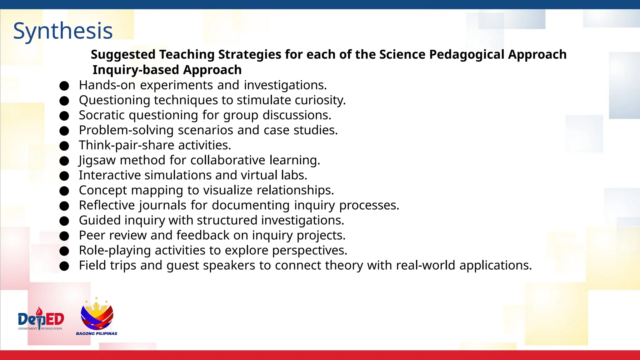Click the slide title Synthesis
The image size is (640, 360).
click(63, 31)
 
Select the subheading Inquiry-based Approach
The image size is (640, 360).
click(167, 70)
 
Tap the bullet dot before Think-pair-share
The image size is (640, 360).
click(64, 146)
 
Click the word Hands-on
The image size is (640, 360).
click(107, 85)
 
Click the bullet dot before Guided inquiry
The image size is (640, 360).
click(64, 221)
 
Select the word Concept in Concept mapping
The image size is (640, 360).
click(103, 190)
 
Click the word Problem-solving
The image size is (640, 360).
click(126, 130)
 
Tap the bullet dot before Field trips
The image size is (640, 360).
click(64, 266)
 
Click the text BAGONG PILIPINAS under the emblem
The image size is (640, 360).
click(97, 333)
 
